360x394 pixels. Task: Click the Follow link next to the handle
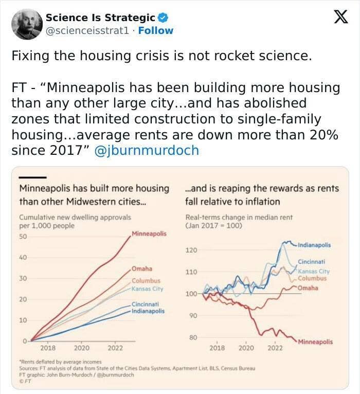(x=156, y=30)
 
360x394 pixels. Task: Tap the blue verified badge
(x=163, y=18)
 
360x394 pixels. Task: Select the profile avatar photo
(x=26, y=24)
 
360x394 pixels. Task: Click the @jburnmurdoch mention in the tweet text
(x=147, y=151)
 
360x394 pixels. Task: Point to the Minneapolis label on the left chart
(x=149, y=234)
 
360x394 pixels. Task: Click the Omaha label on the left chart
(x=141, y=269)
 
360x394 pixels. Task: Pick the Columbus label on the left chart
(x=146, y=281)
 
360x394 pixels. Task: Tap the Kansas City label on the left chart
(x=148, y=289)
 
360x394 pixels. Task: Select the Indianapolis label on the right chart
(x=314, y=245)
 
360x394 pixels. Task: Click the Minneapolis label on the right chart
(x=315, y=342)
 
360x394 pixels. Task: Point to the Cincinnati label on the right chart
(x=311, y=262)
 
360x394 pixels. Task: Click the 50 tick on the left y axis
(x=23, y=237)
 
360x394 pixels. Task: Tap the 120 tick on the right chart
(x=191, y=250)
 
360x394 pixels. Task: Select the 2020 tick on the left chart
(x=81, y=348)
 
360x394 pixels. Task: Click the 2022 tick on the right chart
(x=275, y=348)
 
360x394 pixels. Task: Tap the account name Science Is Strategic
(x=100, y=18)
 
